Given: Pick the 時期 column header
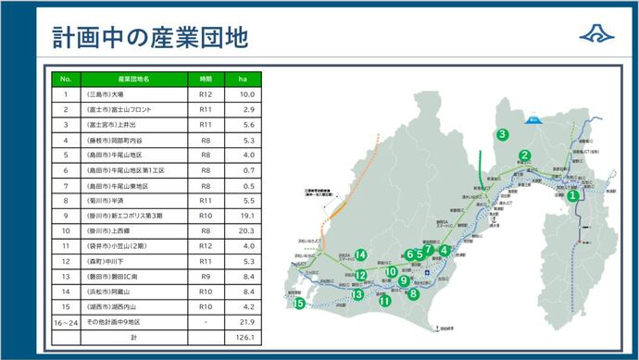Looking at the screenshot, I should (206, 80).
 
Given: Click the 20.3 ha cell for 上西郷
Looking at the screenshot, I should (246, 230).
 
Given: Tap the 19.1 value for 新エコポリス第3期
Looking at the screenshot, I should (246, 216).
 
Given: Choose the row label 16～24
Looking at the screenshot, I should (66, 321).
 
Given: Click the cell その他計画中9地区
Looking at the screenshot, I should (118, 321).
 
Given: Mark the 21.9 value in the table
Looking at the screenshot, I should (246, 321).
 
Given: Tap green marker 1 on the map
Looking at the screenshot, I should (573, 195).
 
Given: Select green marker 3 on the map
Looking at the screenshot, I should (501, 134).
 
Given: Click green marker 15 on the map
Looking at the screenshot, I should (298, 303).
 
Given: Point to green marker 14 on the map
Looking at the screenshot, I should (361, 255).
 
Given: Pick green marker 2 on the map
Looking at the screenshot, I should (524, 155).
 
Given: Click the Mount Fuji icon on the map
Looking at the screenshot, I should (532, 118).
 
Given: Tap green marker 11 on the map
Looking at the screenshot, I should (384, 300).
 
